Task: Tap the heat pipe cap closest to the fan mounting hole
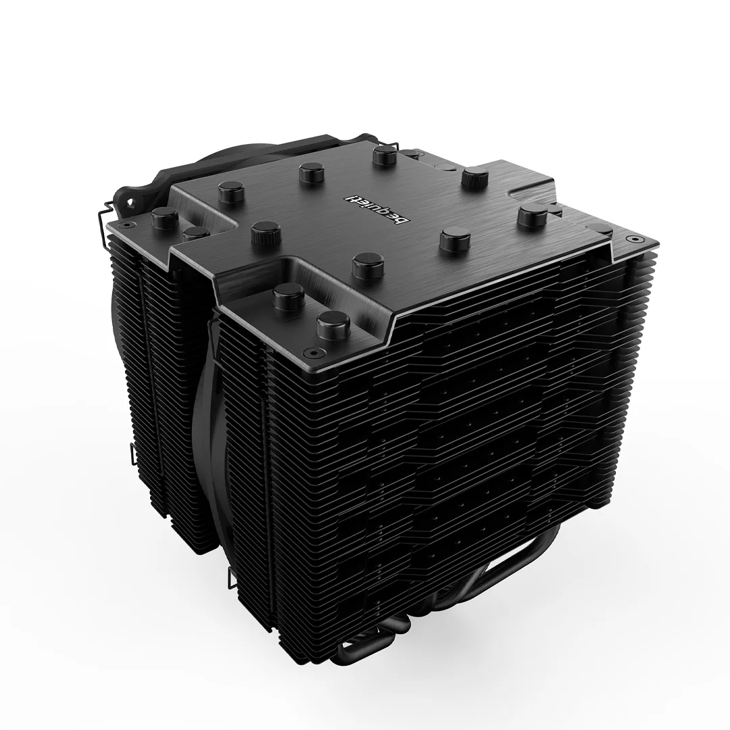tap(166, 218)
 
